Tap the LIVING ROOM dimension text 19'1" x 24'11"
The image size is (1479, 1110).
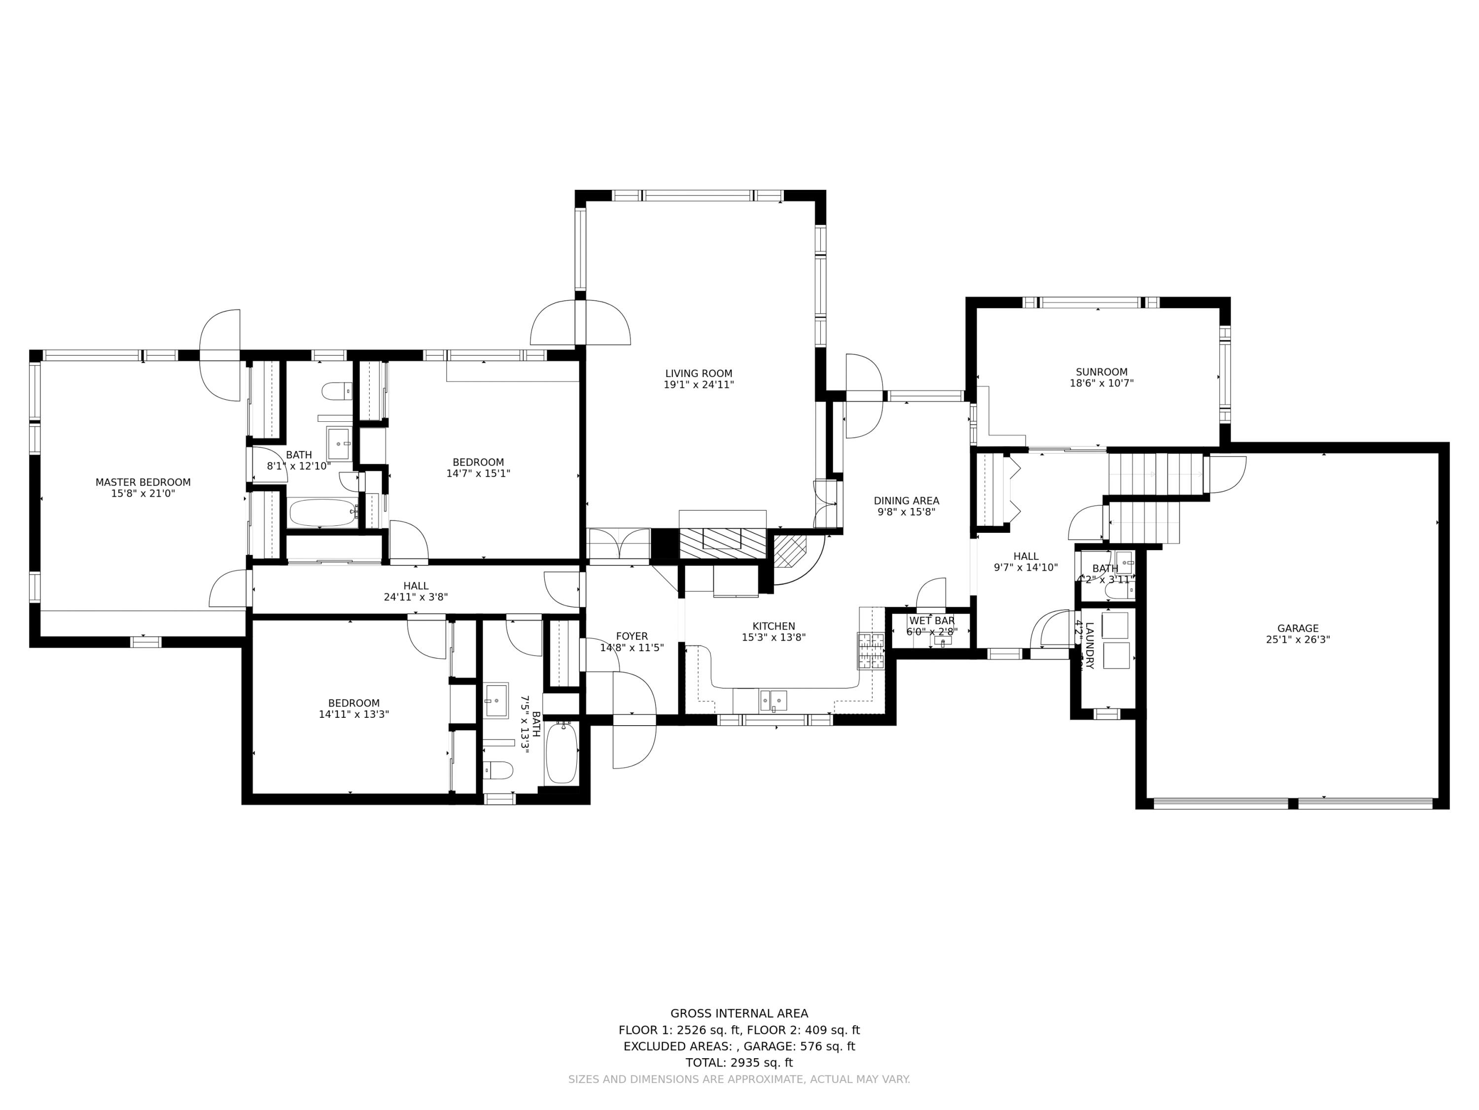coord(699,385)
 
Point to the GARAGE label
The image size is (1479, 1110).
coord(1297,629)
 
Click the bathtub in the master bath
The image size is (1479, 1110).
coord(322,513)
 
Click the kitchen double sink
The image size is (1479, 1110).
coord(773,701)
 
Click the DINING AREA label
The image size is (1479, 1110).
coord(906,500)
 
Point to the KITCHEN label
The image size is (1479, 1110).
coord(774,626)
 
